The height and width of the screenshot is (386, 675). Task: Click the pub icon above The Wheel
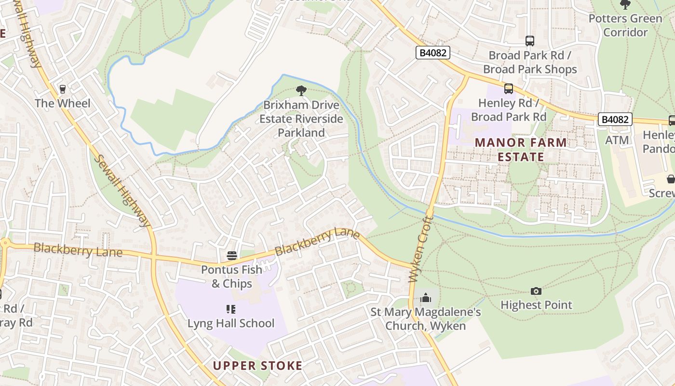coord(62,89)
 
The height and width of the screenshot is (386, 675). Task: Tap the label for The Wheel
coord(62,103)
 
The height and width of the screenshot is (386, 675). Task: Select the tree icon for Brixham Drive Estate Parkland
coord(301,90)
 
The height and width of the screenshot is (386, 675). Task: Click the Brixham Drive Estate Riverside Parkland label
coord(301,119)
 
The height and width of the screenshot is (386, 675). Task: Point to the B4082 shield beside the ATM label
coord(615,119)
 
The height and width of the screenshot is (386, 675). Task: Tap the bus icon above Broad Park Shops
coord(530,41)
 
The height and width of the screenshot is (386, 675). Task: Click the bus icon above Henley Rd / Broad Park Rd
coord(509,89)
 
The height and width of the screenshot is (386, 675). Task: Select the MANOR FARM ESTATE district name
coord(521,150)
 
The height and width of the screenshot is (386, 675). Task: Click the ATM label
coord(617,140)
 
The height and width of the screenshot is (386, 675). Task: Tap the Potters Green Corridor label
coord(625,26)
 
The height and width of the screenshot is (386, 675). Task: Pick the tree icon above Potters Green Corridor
coord(625,5)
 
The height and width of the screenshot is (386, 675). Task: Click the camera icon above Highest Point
coord(536,291)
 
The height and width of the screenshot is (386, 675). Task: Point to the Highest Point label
coord(536,305)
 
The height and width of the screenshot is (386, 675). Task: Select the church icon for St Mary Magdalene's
coord(425,298)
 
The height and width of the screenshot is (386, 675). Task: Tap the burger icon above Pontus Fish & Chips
coord(232,255)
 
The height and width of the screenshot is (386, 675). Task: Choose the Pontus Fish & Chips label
coord(232,276)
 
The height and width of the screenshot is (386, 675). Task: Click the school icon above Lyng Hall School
coord(230,309)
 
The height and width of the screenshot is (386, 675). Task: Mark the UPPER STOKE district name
coord(257,366)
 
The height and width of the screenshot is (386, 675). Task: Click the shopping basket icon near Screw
coord(671,179)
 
